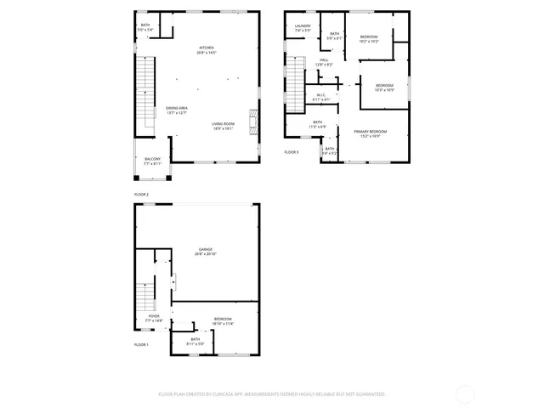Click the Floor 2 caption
pos(141,195)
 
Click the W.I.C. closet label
pos(321,97)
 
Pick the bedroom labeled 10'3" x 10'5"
pos(385,88)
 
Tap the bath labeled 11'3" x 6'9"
pos(317,124)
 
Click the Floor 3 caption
pos(292,152)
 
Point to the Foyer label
pos(154,318)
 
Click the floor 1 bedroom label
pos(222,320)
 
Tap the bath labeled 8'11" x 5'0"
pos(195,341)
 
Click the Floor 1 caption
pos(141,344)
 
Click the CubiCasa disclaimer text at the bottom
pos(272,394)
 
